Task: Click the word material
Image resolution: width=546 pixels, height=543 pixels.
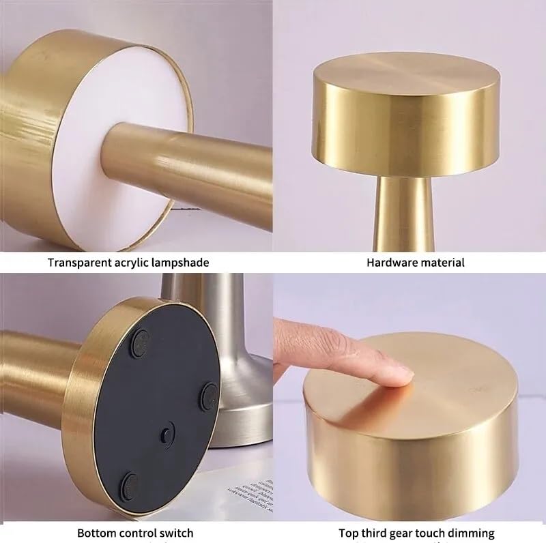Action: click(x=444, y=262)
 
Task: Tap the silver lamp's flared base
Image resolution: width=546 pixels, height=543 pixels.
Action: click(x=232, y=423)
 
